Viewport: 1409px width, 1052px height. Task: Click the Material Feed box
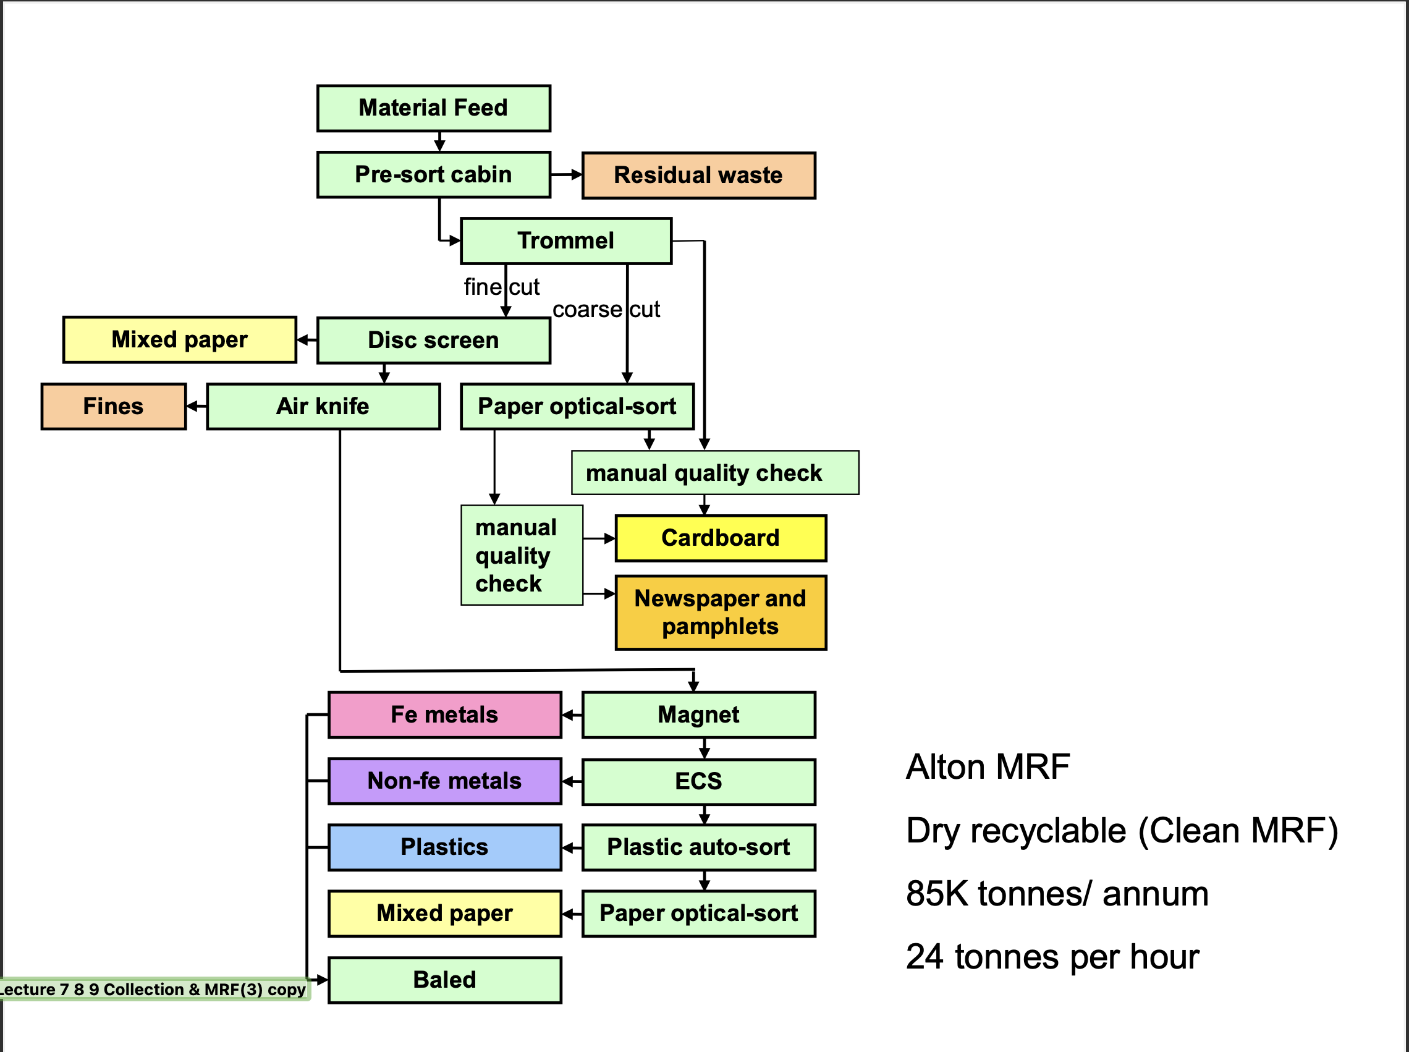[434, 108]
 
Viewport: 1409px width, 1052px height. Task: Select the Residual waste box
[698, 175]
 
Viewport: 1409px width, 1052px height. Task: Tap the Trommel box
[565, 240]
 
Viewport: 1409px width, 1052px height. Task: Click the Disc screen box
[434, 340]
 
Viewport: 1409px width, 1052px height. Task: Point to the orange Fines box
[113, 406]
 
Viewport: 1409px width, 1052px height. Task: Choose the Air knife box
[323, 406]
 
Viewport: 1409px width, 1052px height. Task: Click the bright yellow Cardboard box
[720, 538]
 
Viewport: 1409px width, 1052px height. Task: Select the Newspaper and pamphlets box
[720, 612]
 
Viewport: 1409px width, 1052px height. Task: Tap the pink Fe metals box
[444, 715]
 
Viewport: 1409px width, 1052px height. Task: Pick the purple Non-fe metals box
[444, 781]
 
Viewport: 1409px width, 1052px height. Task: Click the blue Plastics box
[444, 847]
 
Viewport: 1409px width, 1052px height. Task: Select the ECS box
[698, 781]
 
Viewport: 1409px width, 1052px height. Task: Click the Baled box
[444, 980]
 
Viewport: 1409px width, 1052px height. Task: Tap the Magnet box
[698, 715]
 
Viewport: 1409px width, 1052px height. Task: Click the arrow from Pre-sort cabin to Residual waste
[566, 174]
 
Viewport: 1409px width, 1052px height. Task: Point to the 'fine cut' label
[501, 287]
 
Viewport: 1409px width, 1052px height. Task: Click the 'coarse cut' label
[606, 310]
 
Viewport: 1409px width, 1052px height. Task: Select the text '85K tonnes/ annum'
[1057, 893]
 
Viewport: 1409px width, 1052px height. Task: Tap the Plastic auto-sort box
[698, 847]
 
